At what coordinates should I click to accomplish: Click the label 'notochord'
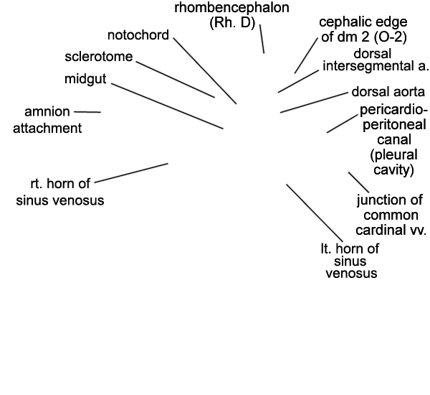[138, 35]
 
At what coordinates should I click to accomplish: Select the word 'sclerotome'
[99, 57]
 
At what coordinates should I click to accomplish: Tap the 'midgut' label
[85, 79]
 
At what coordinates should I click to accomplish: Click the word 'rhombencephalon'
[231, 7]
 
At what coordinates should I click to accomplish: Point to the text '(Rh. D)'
[232, 23]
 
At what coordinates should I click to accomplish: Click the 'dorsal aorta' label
[388, 92]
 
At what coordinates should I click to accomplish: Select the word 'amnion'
[47, 112]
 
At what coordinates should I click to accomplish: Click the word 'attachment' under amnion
[47, 129]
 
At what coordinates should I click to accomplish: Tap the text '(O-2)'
[390, 37]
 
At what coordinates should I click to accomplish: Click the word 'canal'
[394, 139]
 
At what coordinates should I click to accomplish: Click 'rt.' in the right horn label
[37, 184]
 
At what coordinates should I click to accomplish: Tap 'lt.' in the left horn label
[326, 248]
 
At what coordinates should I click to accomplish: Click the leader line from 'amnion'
[87, 112]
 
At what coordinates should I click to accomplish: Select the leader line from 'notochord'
[205, 70]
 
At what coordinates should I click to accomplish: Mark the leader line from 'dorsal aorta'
[314, 103]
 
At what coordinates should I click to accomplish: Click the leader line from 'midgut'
[167, 106]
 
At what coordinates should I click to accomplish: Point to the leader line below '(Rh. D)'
[262, 39]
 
